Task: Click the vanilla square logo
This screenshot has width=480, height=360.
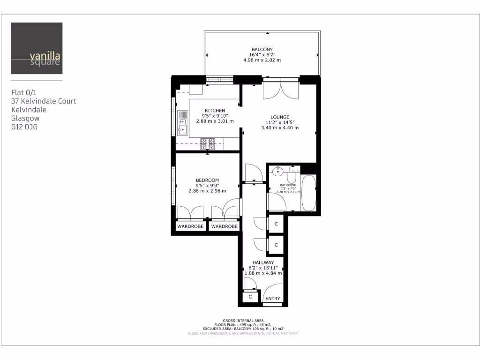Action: [x=37, y=48]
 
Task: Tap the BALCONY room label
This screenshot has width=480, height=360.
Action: [x=262, y=49]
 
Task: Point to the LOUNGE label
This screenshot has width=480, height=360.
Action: [x=280, y=117]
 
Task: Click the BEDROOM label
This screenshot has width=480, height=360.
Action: [x=207, y=180]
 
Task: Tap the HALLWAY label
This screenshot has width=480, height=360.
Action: [x=263, y=262]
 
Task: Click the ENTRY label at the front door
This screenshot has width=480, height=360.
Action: [x=272, y=299]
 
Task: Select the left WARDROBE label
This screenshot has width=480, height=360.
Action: [x=190, y=227]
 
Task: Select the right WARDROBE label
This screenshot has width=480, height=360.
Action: [x=224, y=227]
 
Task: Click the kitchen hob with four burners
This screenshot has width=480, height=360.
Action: [x=207, y=144]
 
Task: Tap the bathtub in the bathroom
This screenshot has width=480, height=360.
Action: [x=309, y=193]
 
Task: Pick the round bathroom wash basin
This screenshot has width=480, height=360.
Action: [x=278, y=171]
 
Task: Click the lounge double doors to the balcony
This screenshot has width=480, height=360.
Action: [x=280, y=90]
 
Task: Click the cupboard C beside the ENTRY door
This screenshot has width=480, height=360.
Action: [x=250, y=297]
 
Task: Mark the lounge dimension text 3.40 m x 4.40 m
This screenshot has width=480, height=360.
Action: [x=280, y=127]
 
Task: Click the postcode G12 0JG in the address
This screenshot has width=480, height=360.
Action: [x=24, y=127]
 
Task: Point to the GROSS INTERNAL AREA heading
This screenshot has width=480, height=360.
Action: [x=243, y=320]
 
